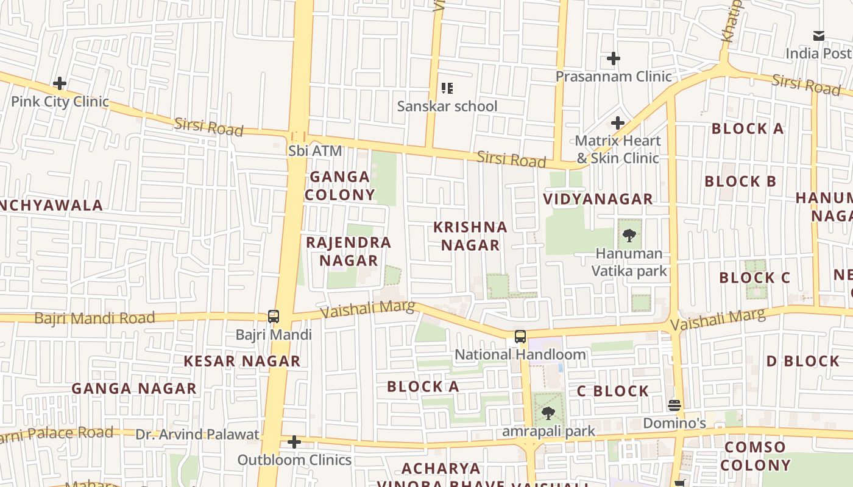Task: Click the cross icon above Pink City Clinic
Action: (60, 83)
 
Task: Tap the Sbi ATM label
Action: (316, 150)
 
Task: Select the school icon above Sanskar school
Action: (448, 88)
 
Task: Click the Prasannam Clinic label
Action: (614, 76)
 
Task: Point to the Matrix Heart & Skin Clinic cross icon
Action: (618, 123)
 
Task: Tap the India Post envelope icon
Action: (819, 36)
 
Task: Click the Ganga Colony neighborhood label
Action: (340, 186)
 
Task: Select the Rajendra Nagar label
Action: (349, 251)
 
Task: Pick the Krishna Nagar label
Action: (470, 236)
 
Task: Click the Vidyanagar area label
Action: (598, 199)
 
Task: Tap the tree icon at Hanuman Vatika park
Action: (629, 235)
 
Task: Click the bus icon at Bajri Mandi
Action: (274, 317)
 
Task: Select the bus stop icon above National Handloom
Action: (520, 337)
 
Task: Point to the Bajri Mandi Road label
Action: (94, 318)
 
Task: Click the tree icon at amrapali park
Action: (548, 413)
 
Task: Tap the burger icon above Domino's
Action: (674, 405)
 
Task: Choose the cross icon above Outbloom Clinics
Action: (294, 442)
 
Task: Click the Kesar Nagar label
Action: (242, 361)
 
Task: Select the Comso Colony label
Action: (757, 457)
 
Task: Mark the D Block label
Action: (803, 361)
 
